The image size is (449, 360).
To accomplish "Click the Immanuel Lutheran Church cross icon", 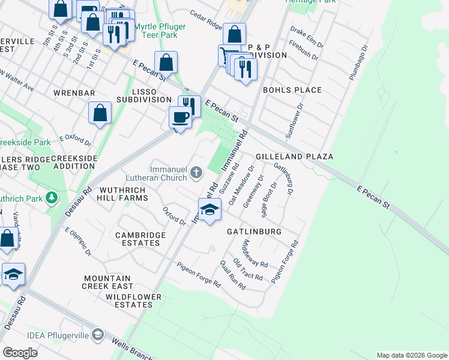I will [196, 174].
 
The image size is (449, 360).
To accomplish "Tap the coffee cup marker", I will [180, 116].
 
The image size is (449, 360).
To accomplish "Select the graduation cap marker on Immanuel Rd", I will [209, 210].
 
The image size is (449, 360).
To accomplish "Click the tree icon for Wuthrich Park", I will [52, 197].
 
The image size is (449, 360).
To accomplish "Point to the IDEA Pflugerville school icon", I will [98, 334].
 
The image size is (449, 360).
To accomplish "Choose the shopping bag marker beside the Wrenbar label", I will [100, 112].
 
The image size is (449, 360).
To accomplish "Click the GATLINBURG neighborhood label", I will [254, 231].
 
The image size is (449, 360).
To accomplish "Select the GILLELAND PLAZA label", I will [294, 156].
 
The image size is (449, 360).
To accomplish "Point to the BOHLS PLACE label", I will [292, 90].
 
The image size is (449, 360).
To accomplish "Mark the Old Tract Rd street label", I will [248, 269].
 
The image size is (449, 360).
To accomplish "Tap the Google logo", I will [20, 352].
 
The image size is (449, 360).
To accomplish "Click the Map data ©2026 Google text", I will [411, 355].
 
